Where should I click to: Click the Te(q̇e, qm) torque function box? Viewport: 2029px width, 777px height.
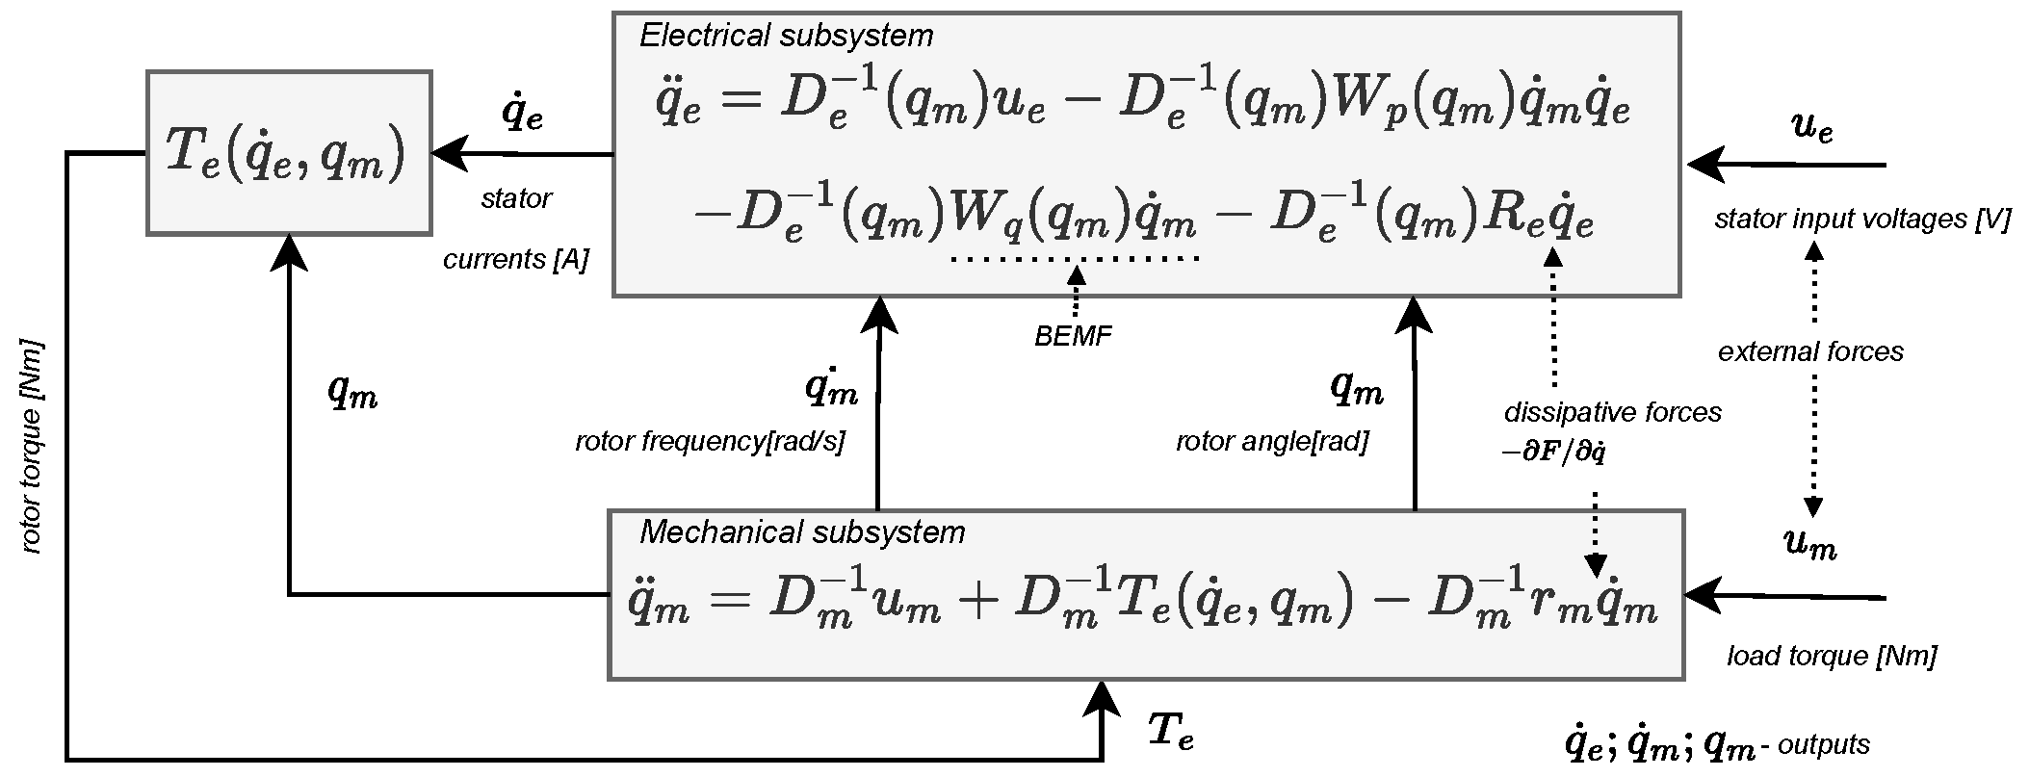[288, 152]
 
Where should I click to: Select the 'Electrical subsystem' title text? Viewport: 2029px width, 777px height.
[786, 37]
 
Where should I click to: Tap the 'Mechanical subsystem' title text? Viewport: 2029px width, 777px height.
[801, 532]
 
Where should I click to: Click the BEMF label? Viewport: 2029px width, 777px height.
[1073, 337]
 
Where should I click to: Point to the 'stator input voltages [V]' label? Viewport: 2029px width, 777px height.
[1862, 220]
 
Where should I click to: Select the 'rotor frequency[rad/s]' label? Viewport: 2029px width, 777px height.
[710, 443]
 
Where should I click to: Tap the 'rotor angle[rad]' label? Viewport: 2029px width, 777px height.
[1271, 443]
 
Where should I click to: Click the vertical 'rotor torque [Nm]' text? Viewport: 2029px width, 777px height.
[32, 446]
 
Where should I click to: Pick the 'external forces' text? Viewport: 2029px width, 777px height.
[1810, 352]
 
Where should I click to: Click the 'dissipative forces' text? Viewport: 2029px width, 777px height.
[1612, 413]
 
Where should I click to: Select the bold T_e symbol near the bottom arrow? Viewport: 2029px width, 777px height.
[1172, 735]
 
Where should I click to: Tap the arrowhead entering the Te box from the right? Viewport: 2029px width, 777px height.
[448, 153]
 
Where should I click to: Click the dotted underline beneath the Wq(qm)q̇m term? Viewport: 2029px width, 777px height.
[1074, 258]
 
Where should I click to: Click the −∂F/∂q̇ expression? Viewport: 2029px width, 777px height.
[1552, 453]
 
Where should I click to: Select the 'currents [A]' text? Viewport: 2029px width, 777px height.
[515, 260]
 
